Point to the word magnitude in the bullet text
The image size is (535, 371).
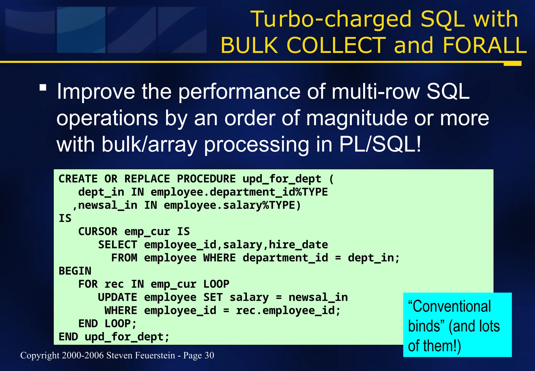pos(357,118)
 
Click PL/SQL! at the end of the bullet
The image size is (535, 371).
pos(380,144)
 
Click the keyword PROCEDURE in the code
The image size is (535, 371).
pos(206,179)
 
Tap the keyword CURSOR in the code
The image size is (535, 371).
pos(98,232)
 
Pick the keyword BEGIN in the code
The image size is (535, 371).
pos(75,271)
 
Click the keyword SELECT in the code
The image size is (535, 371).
pos(118,245)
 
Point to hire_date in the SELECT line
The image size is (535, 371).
pos(298,245)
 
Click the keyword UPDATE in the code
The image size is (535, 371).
pos(117,297)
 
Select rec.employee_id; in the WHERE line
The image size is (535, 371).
pos(288,311)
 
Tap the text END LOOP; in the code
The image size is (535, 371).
pos(107,324)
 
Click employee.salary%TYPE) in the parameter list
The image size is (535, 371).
pos(232,205)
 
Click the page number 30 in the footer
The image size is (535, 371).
pos(209,355)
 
